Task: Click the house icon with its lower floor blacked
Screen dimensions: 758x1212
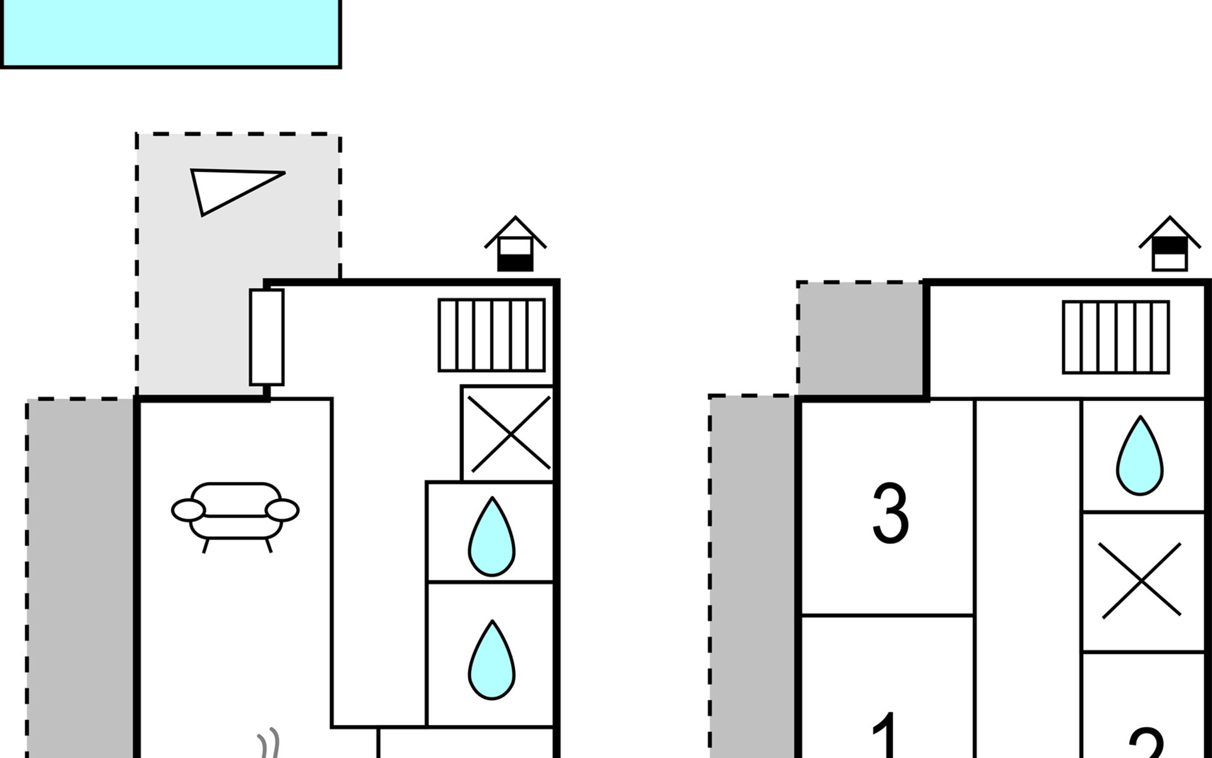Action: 515,246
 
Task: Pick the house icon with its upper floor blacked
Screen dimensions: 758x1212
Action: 1170,246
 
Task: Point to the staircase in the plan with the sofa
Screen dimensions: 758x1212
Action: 491,335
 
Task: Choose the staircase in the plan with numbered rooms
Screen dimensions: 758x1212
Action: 1115,337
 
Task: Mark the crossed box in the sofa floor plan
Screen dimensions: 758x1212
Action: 508,434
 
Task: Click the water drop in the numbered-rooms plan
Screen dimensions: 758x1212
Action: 1139,456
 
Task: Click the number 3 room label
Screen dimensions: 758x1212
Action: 890,513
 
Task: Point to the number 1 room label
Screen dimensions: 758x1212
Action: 886,736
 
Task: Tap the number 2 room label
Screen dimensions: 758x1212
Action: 1146,744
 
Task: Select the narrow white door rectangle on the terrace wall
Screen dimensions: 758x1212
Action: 266,337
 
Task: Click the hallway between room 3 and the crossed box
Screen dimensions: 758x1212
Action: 1027,568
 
